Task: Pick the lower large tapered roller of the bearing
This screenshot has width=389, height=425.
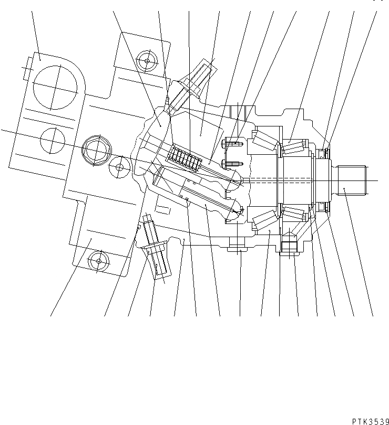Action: pos(265,220)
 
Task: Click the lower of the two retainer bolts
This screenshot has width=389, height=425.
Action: pos(231,164)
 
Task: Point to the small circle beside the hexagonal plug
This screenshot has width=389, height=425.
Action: pos(119,167)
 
